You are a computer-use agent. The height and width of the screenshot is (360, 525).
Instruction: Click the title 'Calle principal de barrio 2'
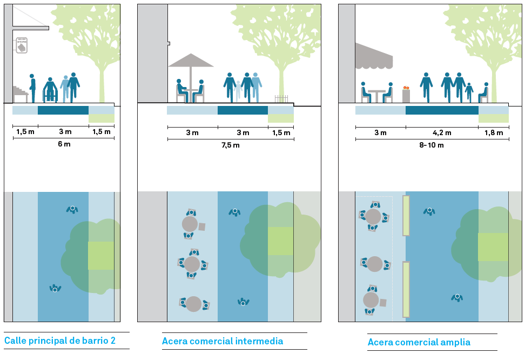point(60,341)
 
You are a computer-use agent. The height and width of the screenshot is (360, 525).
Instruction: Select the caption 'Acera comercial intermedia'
point(223,341)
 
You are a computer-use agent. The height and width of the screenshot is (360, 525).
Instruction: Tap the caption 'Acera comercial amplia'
point(419,342)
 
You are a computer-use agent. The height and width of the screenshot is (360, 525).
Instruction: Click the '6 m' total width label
point(64,144)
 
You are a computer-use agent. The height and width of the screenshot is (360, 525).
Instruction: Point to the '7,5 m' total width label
point(230,145)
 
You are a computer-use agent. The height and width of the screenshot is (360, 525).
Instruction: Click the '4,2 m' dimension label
point(442,133)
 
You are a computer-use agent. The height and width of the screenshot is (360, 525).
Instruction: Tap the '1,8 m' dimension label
point(493,133)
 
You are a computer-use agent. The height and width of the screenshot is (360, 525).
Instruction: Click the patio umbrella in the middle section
point(191,61)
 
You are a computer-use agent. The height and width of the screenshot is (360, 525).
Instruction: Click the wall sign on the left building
point(22,45)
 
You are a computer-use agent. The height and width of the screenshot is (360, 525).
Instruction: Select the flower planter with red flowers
point(406,95)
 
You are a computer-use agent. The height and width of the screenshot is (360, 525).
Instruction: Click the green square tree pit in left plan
point(101,256)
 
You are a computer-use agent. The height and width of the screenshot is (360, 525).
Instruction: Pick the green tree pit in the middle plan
point(280,241)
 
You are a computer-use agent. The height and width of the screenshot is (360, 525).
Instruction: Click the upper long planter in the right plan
point(406,216)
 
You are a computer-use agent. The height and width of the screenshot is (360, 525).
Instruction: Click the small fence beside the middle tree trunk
point(281,99)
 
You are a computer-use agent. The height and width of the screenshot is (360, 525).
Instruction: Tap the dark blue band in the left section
point(63,110)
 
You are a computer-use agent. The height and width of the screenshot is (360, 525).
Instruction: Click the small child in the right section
point(469,92)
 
